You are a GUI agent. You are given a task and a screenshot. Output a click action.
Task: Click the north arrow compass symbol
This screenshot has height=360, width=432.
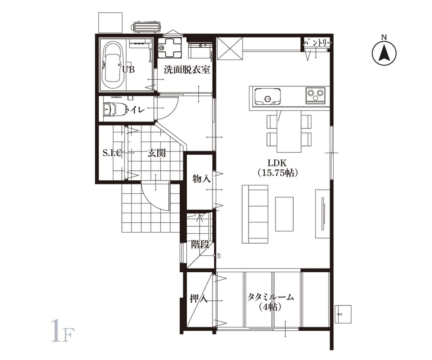(384, 53)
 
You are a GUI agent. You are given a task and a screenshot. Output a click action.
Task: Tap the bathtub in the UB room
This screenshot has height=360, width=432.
(112, 65)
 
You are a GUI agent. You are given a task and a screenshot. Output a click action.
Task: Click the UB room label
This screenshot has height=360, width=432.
(128, 70)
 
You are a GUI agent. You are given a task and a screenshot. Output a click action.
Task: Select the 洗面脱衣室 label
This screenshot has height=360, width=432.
(187, 70)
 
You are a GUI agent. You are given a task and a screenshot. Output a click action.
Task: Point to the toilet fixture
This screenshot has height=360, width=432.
(113, 109)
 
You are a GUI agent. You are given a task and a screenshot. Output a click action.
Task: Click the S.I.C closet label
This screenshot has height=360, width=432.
(112, 153)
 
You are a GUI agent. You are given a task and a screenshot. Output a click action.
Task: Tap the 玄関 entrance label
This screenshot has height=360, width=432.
(157, 153)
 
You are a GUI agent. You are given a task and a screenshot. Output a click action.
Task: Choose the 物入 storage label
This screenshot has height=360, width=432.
(201, 179)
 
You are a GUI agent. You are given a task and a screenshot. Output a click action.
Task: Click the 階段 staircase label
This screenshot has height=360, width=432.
(200, 244)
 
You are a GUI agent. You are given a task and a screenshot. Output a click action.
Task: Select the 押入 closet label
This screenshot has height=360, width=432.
(199, 298)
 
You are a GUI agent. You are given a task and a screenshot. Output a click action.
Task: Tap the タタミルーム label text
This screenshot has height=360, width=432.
(270, 297)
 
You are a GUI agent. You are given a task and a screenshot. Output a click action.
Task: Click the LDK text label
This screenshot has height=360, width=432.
(278, 162)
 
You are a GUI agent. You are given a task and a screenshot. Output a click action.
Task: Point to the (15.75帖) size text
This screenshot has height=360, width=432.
(278, 173)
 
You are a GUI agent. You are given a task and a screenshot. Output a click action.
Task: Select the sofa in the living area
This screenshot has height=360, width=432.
(255, 214)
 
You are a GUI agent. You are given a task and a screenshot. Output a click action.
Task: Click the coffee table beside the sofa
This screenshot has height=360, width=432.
(284, 214)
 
